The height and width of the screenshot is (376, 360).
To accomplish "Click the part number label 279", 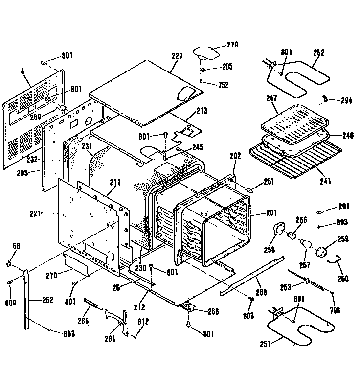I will click(232, 45).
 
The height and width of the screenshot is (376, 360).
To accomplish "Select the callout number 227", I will click(177, 57).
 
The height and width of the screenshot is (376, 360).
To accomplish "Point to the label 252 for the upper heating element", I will click(318, 53).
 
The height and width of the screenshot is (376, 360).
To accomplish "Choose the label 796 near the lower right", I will click(335, 310).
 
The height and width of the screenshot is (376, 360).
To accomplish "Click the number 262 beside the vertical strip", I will click(47, 300).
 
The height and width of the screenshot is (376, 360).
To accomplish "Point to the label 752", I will click(223, 84).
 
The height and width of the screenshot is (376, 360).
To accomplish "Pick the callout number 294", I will click(346, 101).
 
